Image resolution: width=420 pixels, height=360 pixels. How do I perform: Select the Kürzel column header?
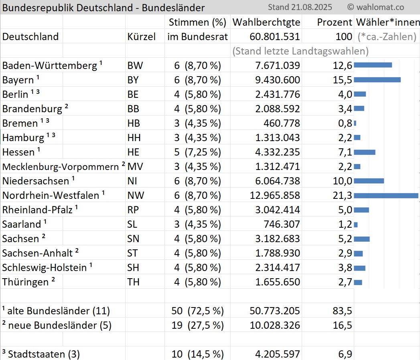tap(141, 37)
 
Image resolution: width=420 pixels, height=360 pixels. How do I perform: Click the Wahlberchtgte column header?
tap(266, 22)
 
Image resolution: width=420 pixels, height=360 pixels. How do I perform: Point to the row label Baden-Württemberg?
tap(50, 66)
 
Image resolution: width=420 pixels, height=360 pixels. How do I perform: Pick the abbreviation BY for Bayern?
tap(133, 80)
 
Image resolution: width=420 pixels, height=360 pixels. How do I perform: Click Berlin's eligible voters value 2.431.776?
tap(278, 95)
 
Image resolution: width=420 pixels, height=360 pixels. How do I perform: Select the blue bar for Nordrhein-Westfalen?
tap(386, 195)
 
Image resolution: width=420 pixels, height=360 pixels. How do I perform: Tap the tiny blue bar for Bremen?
tap(355, 123)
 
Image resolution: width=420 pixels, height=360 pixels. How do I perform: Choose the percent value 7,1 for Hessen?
tap(345, 152)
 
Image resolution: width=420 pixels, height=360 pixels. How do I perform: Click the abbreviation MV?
tap(134, 167)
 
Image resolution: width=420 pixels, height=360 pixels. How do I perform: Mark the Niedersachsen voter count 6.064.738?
tap(278, 181)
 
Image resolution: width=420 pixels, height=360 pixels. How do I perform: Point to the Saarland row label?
tap(22, 224)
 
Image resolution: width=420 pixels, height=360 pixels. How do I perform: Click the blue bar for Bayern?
tap(377, 80)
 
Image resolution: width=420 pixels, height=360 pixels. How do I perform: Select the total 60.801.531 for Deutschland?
tap(274, 37)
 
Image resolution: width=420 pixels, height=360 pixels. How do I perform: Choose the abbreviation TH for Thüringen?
tap(133, 282)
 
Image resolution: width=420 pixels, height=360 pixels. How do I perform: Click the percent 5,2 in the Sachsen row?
tap(345, 239)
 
